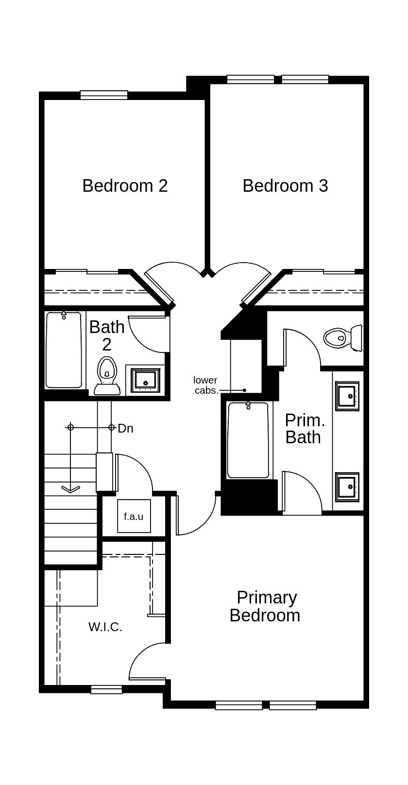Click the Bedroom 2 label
pos(125,186)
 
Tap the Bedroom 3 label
pos(285,186)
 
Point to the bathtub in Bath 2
pos(64,350)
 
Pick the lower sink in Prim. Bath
pos(348,486)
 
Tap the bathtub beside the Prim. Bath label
pos(248,440)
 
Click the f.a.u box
pos(134,517)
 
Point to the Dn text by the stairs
pos(125,428)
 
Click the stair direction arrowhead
pos(71,488)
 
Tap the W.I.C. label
pos(105,627)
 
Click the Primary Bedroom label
pos(265,606)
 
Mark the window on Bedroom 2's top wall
pos(104,95)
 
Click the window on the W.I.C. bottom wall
pos(106,689)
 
